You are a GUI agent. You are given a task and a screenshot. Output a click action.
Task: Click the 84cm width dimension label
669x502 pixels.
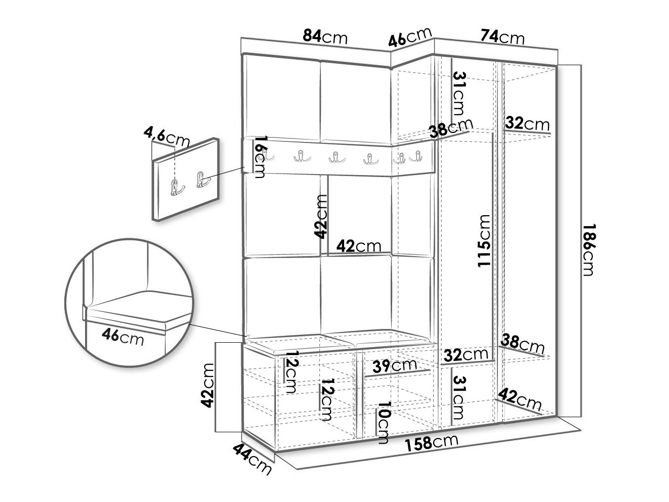click(325, 37)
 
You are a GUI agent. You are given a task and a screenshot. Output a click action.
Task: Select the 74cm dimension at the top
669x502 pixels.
click(502, 37)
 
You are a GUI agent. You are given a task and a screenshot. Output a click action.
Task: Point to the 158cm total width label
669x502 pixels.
click(432, 444)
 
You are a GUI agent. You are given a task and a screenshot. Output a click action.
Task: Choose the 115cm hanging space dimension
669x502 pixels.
click(484, 241)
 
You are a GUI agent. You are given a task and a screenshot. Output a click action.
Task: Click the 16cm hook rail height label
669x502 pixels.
click(260, 157)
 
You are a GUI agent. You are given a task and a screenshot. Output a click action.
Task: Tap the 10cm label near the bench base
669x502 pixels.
click(383, 422)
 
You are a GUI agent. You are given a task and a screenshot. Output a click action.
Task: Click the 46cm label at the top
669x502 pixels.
click(410, 37)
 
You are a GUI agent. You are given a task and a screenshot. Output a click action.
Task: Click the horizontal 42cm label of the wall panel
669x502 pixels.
click(359, 246)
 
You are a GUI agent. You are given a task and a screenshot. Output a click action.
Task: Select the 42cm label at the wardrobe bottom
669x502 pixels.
click(520, 399)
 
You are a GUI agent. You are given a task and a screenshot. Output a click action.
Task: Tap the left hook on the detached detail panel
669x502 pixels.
click(177, 188)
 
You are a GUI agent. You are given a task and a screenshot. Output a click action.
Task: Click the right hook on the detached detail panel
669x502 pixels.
click(202, 180)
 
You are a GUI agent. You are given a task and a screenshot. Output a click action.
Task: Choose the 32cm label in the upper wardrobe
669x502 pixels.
click(527, 124)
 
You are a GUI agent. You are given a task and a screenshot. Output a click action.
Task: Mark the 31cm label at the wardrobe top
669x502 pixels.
click(459, 93)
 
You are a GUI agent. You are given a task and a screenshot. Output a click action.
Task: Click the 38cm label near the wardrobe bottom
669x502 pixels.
click(523, 344)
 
